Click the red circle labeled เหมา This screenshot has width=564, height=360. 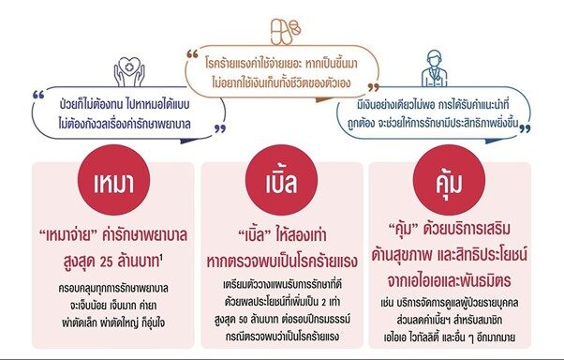coord(113,180)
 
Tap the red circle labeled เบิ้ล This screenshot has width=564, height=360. coord(281,180)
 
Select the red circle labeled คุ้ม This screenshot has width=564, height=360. coord(449,180)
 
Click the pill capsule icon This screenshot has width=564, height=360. coord(286,32)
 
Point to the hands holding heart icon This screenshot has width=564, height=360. coord(129,71)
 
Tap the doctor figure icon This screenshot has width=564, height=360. coord(435,68)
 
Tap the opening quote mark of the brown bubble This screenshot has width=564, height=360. coord(193,54)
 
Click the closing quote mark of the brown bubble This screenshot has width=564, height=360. coord(374,87)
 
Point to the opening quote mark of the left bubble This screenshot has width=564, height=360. coord(38,95)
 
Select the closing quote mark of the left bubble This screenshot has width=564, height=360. coord(220,128)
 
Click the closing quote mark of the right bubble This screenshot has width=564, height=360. coord(526,128)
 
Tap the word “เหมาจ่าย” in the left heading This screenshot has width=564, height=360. coord(68,235)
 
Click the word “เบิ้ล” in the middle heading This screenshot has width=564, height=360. coord(255,235)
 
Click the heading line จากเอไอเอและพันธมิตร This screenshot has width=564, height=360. coord(449,281)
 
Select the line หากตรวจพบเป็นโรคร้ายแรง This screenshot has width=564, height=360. coord(282,262)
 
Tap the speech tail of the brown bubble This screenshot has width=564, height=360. coord(324,99)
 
